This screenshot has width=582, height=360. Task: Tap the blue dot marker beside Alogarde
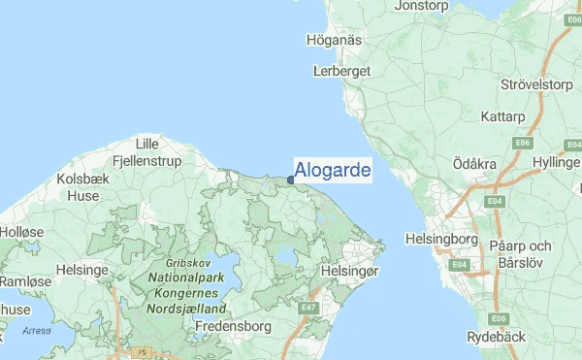click(291, 179)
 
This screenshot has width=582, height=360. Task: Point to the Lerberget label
click(342, 72)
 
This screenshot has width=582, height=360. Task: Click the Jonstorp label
click(425, 6)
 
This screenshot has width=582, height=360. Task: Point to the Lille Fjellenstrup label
click(147, 152)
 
